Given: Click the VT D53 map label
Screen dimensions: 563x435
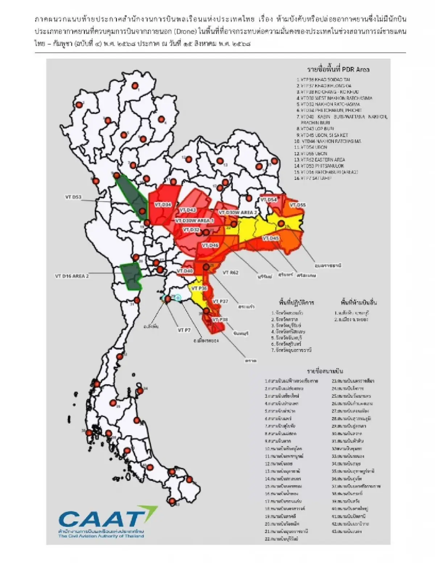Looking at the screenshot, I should pos(73,197).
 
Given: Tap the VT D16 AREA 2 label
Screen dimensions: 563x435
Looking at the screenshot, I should pos(72,276).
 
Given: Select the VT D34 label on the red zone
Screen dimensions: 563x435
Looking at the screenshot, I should pos(163,205).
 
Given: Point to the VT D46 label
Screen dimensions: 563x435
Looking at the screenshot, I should pos(210,245).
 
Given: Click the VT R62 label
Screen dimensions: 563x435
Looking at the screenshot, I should pos(231,272).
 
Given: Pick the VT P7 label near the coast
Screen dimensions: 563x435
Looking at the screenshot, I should pos(184,330).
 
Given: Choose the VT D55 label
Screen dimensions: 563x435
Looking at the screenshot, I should pos(297,205).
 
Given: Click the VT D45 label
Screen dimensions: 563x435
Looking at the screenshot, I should pos(270,238).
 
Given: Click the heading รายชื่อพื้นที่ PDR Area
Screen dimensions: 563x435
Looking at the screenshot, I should pos(338,69).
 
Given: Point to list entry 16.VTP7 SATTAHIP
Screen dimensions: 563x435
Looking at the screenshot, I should pos(314,178).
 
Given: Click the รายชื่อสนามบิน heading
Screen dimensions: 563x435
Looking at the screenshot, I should pos(325,371).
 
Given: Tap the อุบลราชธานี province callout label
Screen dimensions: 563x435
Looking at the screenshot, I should pos(328,266).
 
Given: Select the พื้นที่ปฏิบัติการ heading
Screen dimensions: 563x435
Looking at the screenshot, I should pos(296,302).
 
